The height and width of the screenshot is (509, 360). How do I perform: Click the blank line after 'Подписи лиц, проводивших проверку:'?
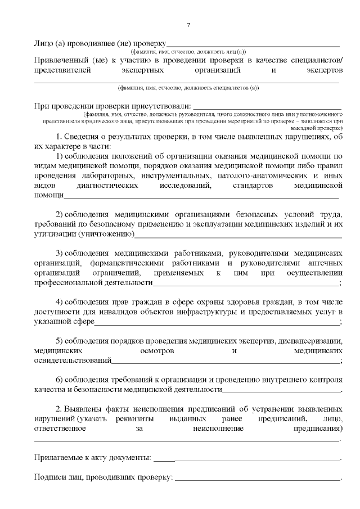(258, 479)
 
